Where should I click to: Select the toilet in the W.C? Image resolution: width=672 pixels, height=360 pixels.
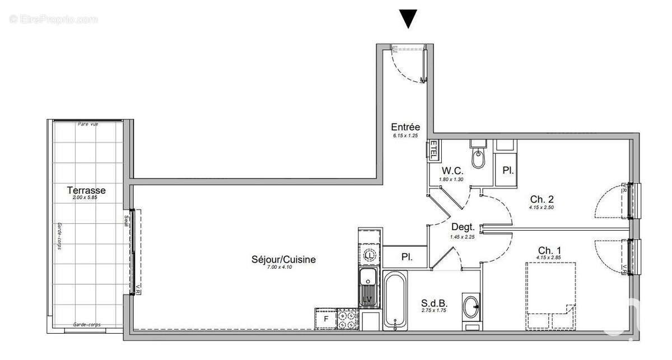[479, 159]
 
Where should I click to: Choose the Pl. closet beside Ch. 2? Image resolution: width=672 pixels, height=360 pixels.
[507, 170]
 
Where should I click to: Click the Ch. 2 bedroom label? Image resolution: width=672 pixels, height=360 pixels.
[542, 199]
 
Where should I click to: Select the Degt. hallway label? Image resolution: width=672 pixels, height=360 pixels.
[463, 227]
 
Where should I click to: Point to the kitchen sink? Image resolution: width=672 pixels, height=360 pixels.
[368, 286]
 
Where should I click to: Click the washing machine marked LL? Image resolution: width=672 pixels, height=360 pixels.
[369, 255]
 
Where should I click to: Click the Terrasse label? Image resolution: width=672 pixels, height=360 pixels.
[86, 190]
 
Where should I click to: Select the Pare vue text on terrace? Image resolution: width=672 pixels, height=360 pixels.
[88, 124]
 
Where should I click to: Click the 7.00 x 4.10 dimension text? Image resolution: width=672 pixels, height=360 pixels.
[280, 268]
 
